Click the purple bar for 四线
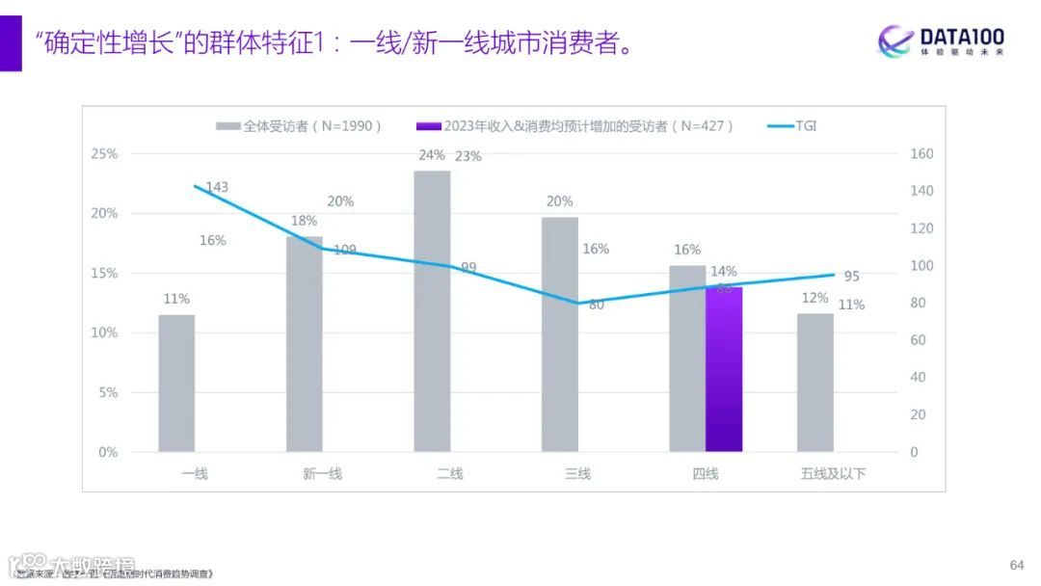[x=724, y=369]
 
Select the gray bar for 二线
[x=432, y=311]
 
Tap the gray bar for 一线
[x=176, y=383]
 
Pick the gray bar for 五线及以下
[x=815, y=382]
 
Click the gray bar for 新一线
[x=305, y=344]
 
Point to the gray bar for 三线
[x=560, y=334]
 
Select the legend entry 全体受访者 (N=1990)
[x=300, y=126]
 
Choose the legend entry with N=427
[x=574, y=126]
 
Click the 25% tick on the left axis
[x=104, y=154]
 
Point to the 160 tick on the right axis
[x=921, y=154]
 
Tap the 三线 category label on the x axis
[x=577, y=473]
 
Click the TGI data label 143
[x=217, y=187]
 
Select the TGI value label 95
[x=851, y=277]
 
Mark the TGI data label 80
[x=596, y=306]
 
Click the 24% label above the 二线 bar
[x=432, y=155]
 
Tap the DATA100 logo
[x=941, y=41]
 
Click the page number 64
[x=1016, y=564]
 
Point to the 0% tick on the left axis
[x=107, y=452]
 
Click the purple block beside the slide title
[x=11, y=43]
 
